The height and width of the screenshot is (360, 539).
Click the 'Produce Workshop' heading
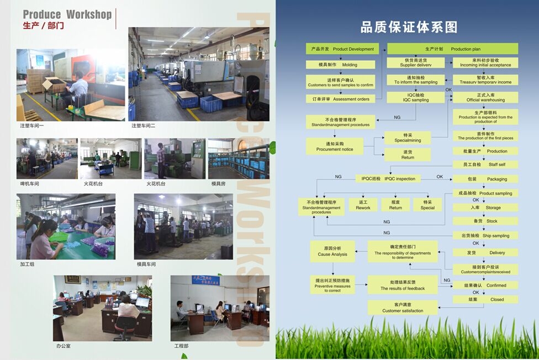(67, 15)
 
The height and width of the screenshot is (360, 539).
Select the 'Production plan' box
(452, 49)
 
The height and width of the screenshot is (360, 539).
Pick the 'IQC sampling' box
(415, 97)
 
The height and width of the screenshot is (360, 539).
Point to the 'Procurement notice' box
(335, 146)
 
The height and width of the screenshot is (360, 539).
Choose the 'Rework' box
(363, 205)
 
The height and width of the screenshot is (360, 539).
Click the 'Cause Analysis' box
(332, 251)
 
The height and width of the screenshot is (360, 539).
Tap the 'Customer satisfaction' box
(403, 308)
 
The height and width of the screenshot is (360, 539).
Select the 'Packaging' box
(485, 179)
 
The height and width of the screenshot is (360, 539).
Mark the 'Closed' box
(485, 299)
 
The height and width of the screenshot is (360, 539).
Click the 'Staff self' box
(485, 165)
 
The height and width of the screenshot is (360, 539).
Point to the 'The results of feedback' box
(403, 285)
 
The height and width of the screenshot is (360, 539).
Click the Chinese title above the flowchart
(409, 27)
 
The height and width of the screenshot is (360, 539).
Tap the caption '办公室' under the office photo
(64, 346)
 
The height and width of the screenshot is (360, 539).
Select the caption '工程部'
(181, 346)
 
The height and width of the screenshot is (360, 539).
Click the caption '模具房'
(218, 183)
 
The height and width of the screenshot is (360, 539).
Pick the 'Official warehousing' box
(485, 97)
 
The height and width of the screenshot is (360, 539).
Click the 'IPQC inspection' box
(388, 178)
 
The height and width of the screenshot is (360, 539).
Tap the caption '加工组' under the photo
(27, 264)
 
